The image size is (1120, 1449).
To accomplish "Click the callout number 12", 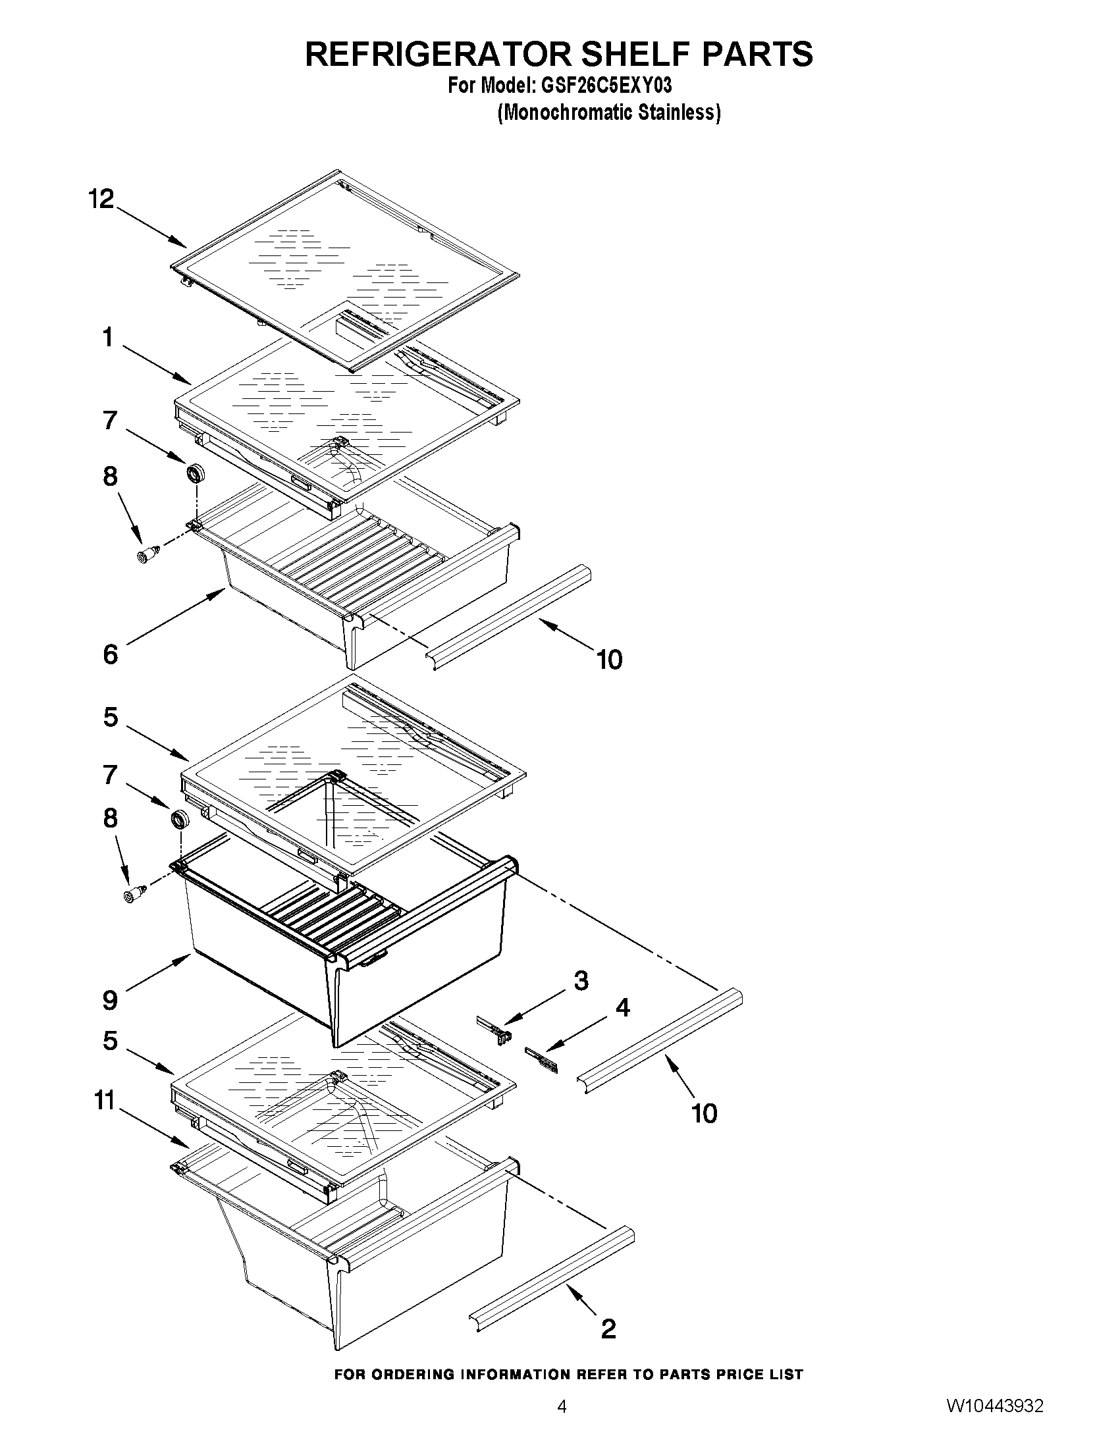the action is coord(101,198).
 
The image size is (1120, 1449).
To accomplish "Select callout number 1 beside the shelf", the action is coord(107,338).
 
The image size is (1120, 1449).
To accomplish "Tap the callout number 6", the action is coord(110,654).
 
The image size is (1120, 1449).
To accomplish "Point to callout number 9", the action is coord(110,1000).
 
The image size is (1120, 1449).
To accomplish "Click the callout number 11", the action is coord(105,1102).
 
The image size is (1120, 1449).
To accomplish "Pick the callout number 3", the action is coord(581,982).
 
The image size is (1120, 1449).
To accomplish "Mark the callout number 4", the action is coord(622,1008).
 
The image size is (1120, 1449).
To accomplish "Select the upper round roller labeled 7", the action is coord(196,474).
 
